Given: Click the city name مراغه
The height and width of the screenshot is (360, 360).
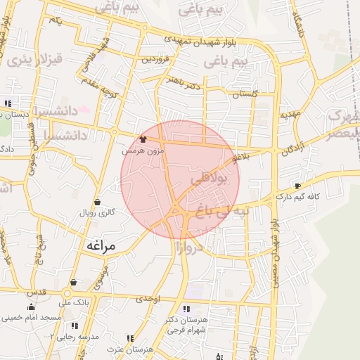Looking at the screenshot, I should (103, 246).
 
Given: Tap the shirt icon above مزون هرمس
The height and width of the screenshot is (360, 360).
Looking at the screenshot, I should (144, 139).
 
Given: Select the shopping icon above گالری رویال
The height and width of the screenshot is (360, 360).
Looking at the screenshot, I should (96, 202).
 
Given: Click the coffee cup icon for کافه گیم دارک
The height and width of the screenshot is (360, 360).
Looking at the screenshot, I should (297, 186).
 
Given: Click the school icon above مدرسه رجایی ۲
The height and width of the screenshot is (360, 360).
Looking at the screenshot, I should (75, 326).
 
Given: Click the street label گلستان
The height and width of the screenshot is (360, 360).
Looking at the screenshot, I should (245, 94).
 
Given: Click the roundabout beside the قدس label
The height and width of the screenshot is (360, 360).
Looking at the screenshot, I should (67, 292).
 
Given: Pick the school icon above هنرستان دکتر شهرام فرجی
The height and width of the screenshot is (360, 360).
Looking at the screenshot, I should (186, 309).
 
